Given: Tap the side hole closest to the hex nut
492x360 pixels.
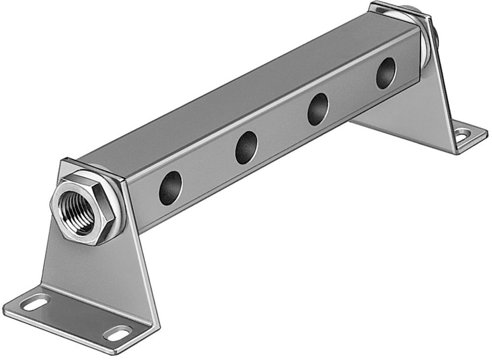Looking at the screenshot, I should click(170, 188).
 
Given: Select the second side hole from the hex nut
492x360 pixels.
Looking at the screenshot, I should click(246, 148).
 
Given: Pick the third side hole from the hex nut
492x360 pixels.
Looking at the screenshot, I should click(318, 109).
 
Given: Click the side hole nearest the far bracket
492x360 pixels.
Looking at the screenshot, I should click(385, 73).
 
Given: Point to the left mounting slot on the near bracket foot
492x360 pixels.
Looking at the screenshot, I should click(36, 302).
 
